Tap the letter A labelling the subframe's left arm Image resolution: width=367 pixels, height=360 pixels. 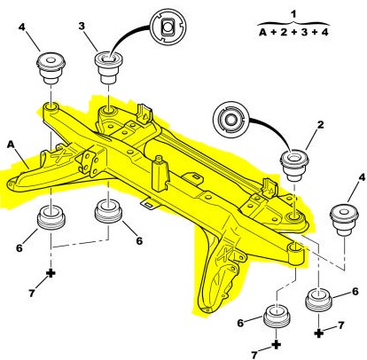(12, 142)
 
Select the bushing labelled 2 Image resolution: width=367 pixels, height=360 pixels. (294, 164)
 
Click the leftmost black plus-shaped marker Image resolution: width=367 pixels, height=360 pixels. (50, 272)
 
